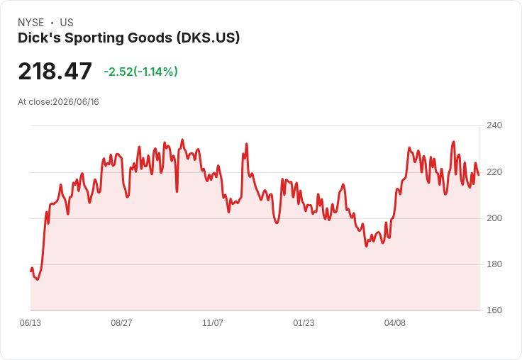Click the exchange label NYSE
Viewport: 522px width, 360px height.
point(31,23)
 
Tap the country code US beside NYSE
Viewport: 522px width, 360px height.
point(67,23)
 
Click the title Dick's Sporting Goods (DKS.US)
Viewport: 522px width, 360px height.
point(128,38)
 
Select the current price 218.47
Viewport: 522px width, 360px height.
point(55,71)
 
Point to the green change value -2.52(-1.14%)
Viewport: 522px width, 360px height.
point(141,72)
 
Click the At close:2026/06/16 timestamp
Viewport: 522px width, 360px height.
point(58,102)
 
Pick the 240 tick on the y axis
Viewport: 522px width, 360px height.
point(494,125)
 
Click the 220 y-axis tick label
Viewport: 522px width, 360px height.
point(494,172)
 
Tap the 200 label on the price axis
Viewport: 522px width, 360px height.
point(494,218)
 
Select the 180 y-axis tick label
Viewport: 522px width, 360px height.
point(494,264)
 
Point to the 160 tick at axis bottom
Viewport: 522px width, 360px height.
point(494,310)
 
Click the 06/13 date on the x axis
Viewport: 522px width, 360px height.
point(30,322)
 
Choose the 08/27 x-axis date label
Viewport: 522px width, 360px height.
point(121,322)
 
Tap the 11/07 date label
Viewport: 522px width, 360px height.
point(213,322)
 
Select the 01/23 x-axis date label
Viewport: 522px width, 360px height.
point(304,322)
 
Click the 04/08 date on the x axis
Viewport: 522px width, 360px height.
point(395,322)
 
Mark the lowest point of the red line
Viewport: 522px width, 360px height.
point(38,279)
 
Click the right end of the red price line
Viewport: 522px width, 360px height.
point(479,174)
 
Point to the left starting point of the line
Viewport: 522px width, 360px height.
point(31,271)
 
